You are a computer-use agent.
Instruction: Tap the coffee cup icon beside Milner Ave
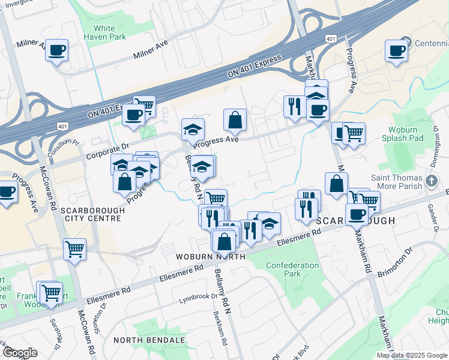pos(57,50)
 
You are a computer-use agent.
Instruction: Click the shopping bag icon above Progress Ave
pos(235,121)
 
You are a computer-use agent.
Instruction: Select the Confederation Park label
pos(292,269)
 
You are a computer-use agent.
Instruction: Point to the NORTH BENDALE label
pos(149,340)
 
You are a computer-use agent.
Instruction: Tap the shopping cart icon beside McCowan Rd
pos(74,248)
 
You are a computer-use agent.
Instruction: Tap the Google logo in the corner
pos(19,353)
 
